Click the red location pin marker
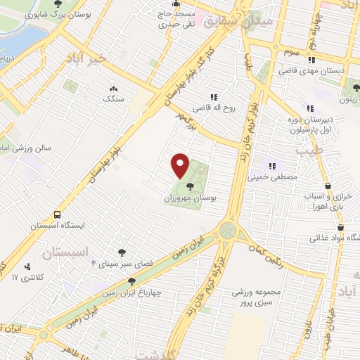pos(181,165)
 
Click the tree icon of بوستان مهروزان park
pos(191,186)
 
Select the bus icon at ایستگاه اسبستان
pos(56,214)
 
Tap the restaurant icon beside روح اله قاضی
pos(212,98)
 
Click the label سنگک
pos(113,100)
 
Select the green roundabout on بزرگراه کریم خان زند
pos(229,229)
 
